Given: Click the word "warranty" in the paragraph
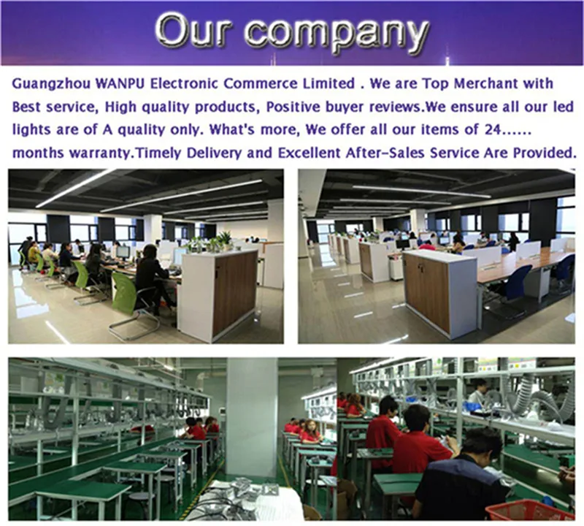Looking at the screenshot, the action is coord(101,153).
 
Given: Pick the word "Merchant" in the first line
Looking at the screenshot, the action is coord(486,83).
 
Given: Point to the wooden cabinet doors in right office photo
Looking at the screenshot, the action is coord(427,292).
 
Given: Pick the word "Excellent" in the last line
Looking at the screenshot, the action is coord(309,153).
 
